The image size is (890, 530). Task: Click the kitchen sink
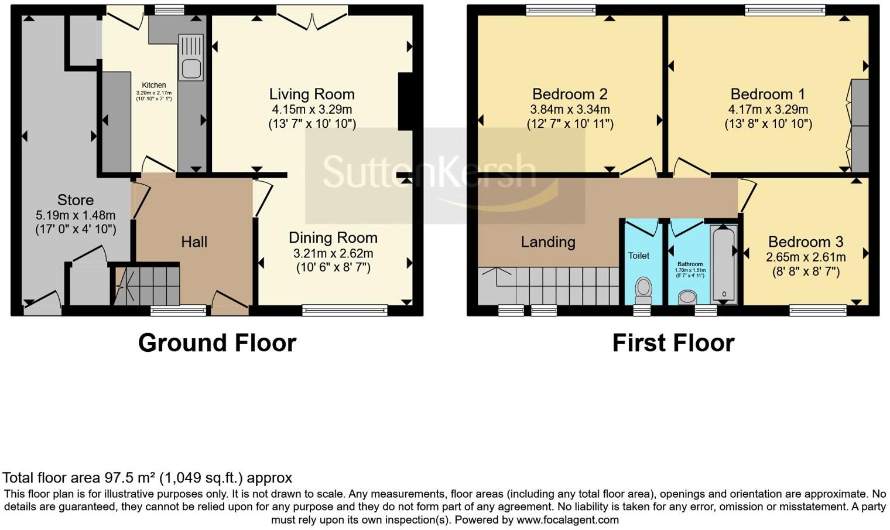coord(191,64)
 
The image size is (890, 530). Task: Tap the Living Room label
coord(311,94)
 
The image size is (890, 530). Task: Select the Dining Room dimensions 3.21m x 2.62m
coord(333,254)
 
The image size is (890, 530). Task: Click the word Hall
coord(194,242)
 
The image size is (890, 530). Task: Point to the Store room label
coord(76,200)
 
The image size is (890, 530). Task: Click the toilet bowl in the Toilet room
coord(643,288)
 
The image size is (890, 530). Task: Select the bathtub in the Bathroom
coord(724,263)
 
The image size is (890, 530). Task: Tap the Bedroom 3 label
coord(806,242)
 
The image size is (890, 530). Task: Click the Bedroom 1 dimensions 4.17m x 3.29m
coord(768,110)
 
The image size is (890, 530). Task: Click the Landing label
coord(548,242)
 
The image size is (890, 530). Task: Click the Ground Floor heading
coord(217,343)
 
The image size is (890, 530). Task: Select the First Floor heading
coord(673,343)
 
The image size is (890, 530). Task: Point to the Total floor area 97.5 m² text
coord(147,478)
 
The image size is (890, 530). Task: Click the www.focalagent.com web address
coord(567,519)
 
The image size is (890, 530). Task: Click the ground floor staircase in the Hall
coord(147,286)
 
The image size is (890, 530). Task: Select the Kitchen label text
coord(154,85)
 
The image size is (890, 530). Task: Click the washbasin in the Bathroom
coord(687,297)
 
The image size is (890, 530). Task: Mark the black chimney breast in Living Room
coord(406,101)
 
